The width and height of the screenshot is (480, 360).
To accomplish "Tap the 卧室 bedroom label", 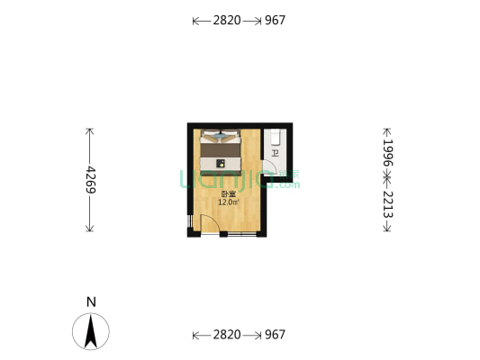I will [x=228, y=193].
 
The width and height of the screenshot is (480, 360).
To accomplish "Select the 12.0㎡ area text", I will [x=228, y=202].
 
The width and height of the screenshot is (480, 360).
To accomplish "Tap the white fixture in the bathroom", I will [x=276, y=138].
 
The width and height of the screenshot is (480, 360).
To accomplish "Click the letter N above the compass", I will [x=91, y=302].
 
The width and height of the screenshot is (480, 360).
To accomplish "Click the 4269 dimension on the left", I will [x=91, y=180].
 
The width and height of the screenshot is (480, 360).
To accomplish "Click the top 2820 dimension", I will [x=226, y=20].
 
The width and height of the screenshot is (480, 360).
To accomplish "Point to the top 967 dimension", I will [x=275, y=20].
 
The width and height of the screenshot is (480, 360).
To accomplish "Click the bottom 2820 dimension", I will [x=226, y=335].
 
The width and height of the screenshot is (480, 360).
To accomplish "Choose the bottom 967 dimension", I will [x=275, y=335].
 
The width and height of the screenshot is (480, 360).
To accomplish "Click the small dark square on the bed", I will [x=221, y=163].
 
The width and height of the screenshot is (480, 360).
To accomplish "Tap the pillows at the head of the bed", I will [x=221, y=138].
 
